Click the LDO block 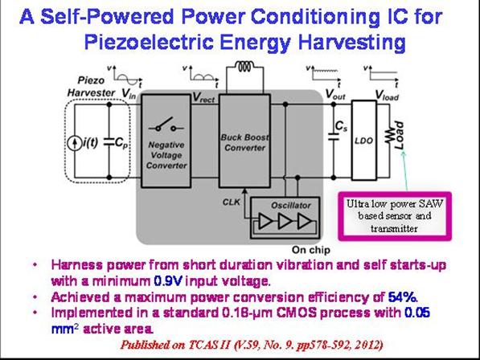click(x=363, y=140)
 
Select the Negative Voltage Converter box click(x=166, y=141)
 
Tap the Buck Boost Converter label click(x=245, y=142)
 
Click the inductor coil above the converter click(x=244, y=67)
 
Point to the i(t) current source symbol click(x=75, y=143)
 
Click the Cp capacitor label click(x=121, y=142)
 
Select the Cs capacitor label click(x=341, y=126)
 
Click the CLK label click(x=232, y=202)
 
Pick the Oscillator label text click(x=291, y=205)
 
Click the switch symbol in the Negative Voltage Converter click(x=166, y=125)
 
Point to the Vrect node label click(x=204, y=97)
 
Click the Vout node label click(x=335, y=94)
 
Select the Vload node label click(x=387, y=96)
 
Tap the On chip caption click(x=311, y=250)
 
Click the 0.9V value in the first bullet click(x=168, y=280)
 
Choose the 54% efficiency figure click(x=403, y=297)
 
